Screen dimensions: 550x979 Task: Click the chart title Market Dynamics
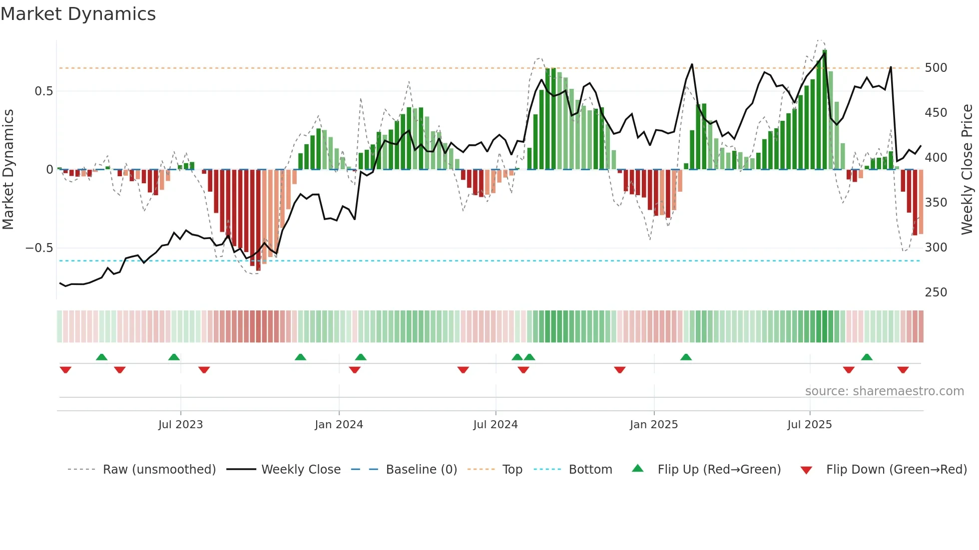coord(78,14)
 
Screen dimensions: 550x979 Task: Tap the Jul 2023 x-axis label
coord(180,425)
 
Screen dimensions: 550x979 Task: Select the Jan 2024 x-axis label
coord(339,425)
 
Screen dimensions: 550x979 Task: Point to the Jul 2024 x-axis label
coord(495,425)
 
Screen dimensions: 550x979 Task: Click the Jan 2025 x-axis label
coord(653,425)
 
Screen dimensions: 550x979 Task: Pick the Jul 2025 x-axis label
coord(809,425)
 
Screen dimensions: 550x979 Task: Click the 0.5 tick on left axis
coord(43,91)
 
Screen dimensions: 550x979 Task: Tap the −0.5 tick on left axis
coord(39,248)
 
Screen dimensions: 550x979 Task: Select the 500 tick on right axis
coord(936,68)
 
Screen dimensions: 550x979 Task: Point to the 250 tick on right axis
coord(936,292)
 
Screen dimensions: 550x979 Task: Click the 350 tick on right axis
coord(936,203)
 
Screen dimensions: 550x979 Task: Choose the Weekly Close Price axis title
coord(967,169)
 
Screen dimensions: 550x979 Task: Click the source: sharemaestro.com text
coord(884,391)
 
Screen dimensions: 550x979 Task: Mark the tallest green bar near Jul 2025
coord(825,110)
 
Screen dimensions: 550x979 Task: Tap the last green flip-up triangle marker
coord(867,357)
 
